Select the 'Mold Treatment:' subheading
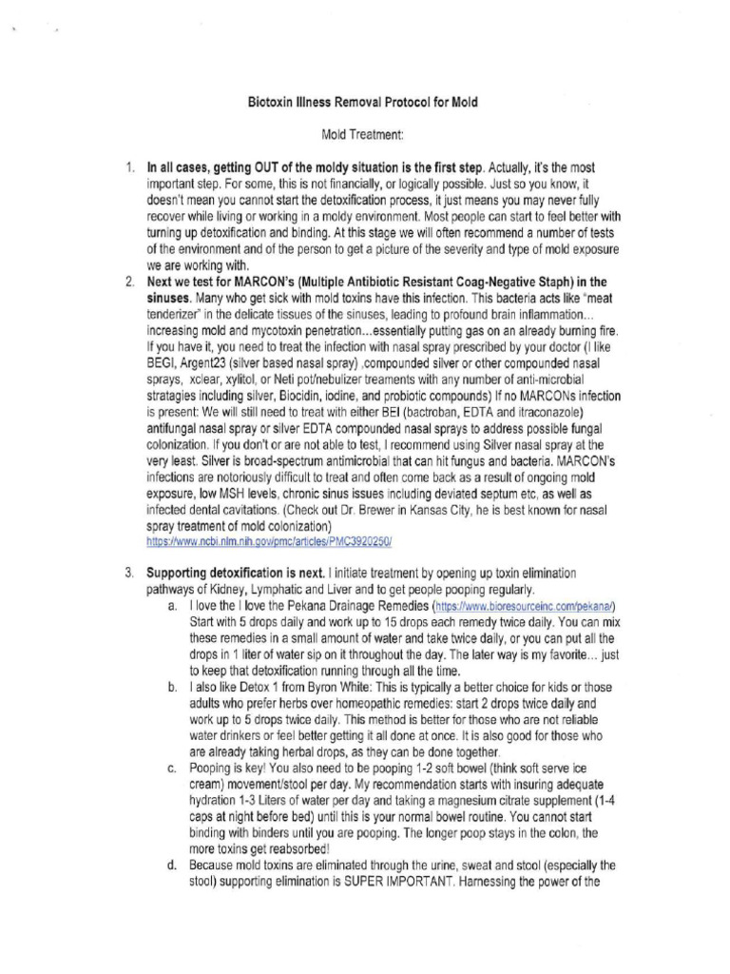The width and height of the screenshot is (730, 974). coord(364,139)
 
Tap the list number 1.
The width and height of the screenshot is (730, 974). coord(128,167)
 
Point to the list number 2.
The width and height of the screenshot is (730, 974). coord(128,282)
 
